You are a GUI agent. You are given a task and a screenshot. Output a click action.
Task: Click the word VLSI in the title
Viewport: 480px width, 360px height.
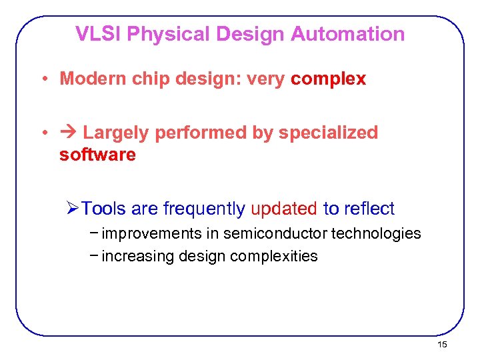click(98, 34)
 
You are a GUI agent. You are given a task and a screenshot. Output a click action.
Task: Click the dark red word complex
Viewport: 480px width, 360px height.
click(328, 79)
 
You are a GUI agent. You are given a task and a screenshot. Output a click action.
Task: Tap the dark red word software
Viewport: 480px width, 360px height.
click(97, 155)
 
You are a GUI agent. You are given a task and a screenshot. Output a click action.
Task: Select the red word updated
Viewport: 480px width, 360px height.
click(284, 209)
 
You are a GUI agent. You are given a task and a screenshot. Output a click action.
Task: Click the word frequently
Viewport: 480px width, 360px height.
click(204, 209)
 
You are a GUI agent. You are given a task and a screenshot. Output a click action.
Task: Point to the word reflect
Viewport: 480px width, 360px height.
click(369, 209)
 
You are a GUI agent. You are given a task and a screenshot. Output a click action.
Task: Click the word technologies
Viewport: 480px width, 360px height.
click(376, 233)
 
